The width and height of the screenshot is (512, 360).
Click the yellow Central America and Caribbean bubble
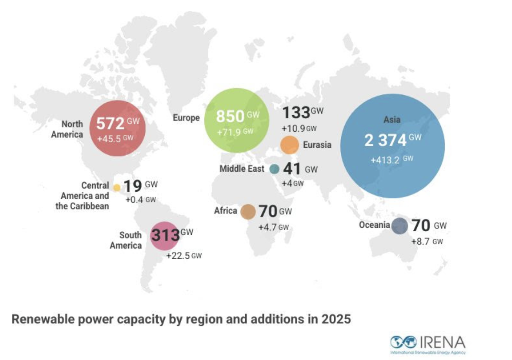click(117, 188)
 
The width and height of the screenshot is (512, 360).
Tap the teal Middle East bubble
click(274, 169)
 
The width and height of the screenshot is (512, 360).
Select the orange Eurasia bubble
click(289, 145)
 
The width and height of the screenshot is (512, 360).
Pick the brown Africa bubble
click(248, 211)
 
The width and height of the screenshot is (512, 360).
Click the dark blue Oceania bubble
click(399, 226)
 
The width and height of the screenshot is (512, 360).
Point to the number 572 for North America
click(110, 124)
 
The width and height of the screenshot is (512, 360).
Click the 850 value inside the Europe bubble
click(230, 117)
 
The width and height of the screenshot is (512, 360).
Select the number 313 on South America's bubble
click(165, 236)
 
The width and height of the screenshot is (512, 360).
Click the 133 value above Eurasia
click(296, 113)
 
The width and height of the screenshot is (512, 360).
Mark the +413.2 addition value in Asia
click(388, 160)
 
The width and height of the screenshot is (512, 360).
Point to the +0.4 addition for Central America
click(134, 200)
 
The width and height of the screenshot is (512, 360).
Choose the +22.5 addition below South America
click(178, 256)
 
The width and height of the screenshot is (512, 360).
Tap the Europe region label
click(186, 118)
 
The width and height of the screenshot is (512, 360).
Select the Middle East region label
click(242, 169)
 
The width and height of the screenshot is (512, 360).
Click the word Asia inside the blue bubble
click(392, 119)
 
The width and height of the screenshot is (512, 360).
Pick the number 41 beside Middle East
click(293, 169)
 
